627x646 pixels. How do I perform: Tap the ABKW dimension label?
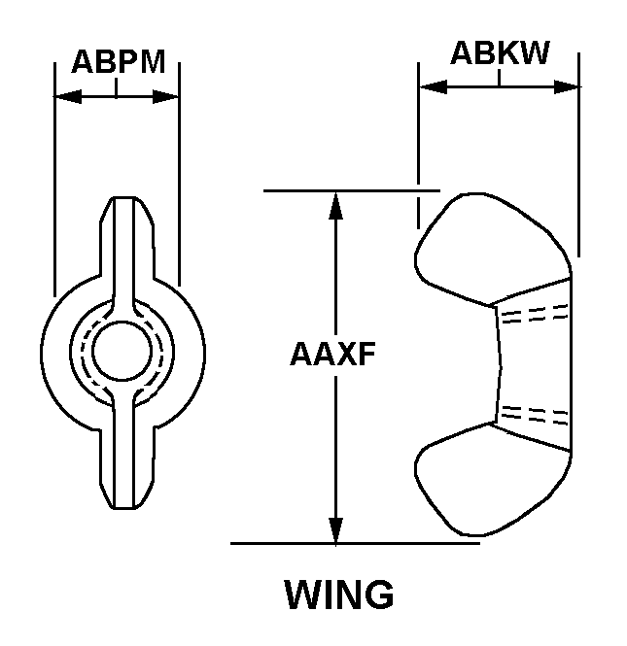tap(500, 53)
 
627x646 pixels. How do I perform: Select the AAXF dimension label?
tap(332, 355)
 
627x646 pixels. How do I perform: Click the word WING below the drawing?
tap(339, 594)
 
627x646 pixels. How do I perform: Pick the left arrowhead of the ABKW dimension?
tap(429, 86)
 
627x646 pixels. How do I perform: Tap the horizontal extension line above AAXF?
tap(350, 190)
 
